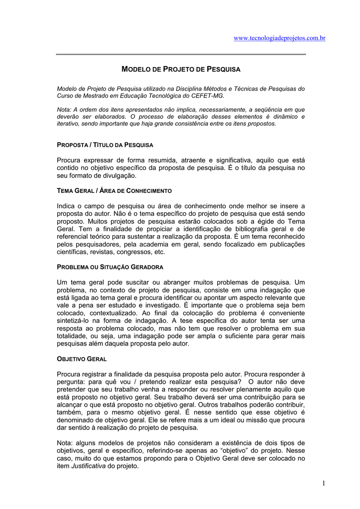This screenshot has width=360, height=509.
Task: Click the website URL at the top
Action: (279, 39)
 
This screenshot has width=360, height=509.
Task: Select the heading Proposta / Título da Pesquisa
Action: (105, 145)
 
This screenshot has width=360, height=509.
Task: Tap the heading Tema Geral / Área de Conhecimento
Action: (114, 190)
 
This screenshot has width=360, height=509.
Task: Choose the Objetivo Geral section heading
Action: (82, 358)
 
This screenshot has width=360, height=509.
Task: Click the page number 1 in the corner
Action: (323, 483)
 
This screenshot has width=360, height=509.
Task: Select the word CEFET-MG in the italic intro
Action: (210, 95)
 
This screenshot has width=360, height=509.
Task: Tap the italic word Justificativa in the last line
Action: (89, 466)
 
